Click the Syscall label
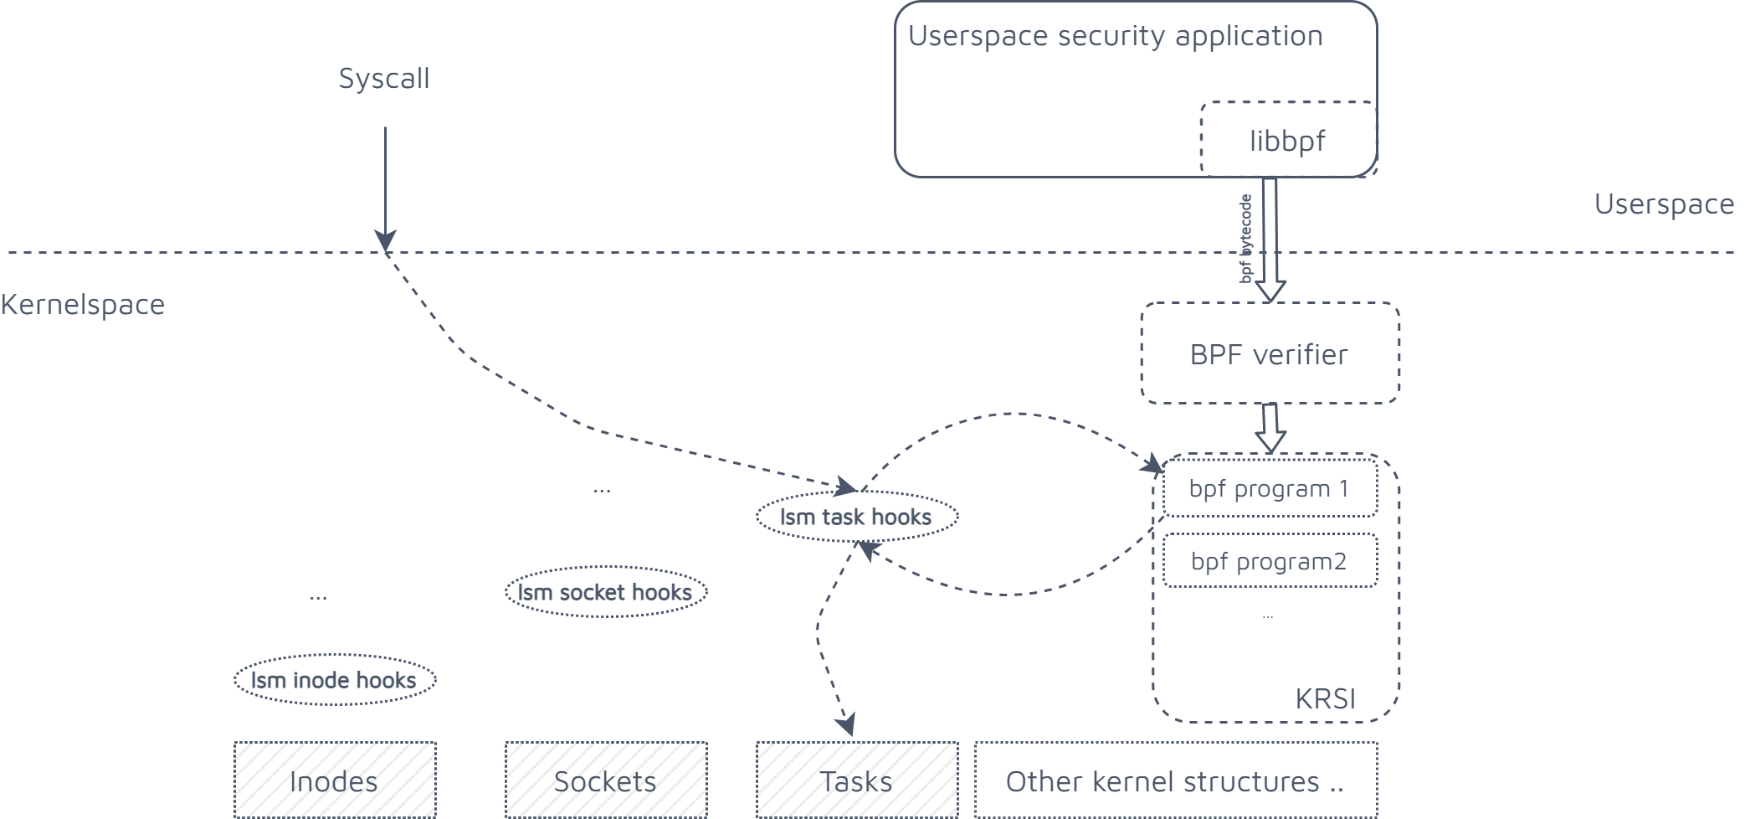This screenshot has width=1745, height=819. (x=384, y=79)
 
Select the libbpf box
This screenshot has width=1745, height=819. (x=1287, y=140)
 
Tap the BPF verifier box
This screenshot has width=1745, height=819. (x=1269, y=354)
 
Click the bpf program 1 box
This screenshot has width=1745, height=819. (x=1269, y=488)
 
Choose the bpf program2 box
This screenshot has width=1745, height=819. (x=1269, y=561)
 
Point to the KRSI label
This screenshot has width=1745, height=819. (x=1325, y=698)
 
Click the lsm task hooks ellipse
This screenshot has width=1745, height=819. (x=856, y=517)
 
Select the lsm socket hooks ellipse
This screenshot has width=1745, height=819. (x=605, y=592)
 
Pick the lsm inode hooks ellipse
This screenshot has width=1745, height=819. (x=334, y=680)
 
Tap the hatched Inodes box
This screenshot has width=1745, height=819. (x=334, y=780)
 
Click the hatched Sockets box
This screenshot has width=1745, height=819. (x=605, y=780)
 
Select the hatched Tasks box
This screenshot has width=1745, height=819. (x=856, y=780)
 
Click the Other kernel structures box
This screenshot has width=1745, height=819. (x=1175, y=780)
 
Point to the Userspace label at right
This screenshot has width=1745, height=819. (x=1664, y=204)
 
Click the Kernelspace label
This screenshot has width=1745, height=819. (x=83, y=305)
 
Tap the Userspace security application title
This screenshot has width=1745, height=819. (x=1115, y=36)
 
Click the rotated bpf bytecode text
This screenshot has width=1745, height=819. (x=1246, y=239)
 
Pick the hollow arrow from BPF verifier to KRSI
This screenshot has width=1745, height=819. (x=1270, y=428)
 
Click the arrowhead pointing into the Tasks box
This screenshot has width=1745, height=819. (x=847, y=724)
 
